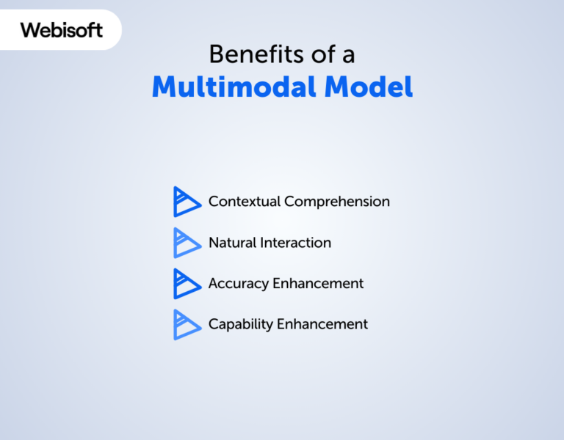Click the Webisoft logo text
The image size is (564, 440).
coord(62,30)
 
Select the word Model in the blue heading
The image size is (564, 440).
coord(369,87)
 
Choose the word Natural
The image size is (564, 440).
coord(231,242)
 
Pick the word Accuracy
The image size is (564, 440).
coord(237,284)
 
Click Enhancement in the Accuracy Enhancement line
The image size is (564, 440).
coord(318,283)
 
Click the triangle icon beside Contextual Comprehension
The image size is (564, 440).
coord(186,202)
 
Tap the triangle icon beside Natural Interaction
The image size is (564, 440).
coord(186,243)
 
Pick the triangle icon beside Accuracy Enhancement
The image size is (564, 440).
coord(186,284)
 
